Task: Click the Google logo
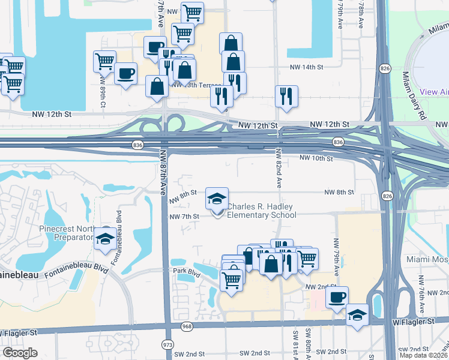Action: coord(19,353)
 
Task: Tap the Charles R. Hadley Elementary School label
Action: coord(261,209)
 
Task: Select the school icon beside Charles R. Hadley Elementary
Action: coord(217,198)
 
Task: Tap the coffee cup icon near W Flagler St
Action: coord(337,297)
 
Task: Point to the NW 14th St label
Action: coord(306,68)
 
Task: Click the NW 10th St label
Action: coord(316,158)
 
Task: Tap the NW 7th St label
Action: coord(184,216)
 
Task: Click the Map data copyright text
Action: coord(421,355)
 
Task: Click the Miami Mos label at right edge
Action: coord(427,259)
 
